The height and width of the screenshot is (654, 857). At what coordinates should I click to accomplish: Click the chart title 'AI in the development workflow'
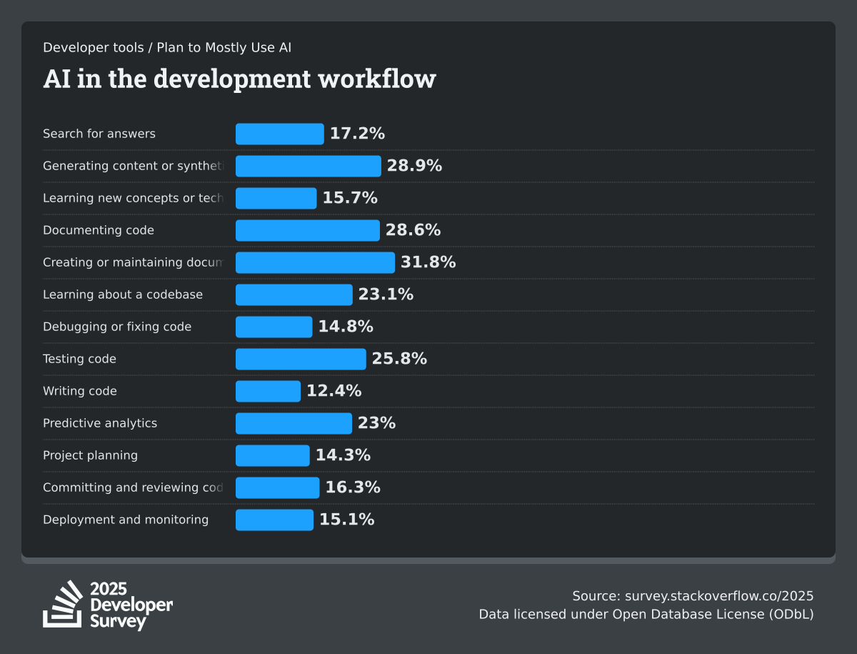[x=239, y=79]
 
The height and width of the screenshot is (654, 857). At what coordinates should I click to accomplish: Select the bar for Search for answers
[x=280, y=134]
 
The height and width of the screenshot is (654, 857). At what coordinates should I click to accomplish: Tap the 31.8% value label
[x=428, y=262]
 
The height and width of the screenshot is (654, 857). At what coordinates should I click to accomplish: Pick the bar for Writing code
[x=268, y=391]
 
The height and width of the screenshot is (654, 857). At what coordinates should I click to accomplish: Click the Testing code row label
[x=79, y=359]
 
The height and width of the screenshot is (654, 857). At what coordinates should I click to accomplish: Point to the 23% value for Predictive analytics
[x=376, y=423]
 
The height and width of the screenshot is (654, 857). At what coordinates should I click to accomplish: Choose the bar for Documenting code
[x=308, y=230]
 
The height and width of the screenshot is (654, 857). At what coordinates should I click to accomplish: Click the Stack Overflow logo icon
[x=63, y=605]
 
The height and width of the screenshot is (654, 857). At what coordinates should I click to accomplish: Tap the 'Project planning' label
[x=90, y=455]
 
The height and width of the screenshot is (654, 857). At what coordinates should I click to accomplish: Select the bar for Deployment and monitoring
[x=274, y=520]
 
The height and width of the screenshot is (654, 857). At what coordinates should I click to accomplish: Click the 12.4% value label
[x=334, y=391]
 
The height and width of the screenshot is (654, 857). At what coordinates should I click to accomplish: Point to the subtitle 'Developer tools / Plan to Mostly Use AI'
[x=167, y=48]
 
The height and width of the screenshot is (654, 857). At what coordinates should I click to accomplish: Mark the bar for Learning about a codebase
[x=294, y=294]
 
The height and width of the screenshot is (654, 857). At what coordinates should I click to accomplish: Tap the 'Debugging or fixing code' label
[x=117, y=327]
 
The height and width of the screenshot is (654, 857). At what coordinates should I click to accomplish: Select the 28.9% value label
[x=414, y=166]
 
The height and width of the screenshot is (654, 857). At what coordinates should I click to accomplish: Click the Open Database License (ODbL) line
[x=646, y=614]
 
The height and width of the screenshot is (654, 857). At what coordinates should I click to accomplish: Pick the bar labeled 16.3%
[x=277, y=487]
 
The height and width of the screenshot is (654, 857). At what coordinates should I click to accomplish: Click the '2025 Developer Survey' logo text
[x=131, y=605]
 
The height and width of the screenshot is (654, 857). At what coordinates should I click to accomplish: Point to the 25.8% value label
[x=399, y=359]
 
